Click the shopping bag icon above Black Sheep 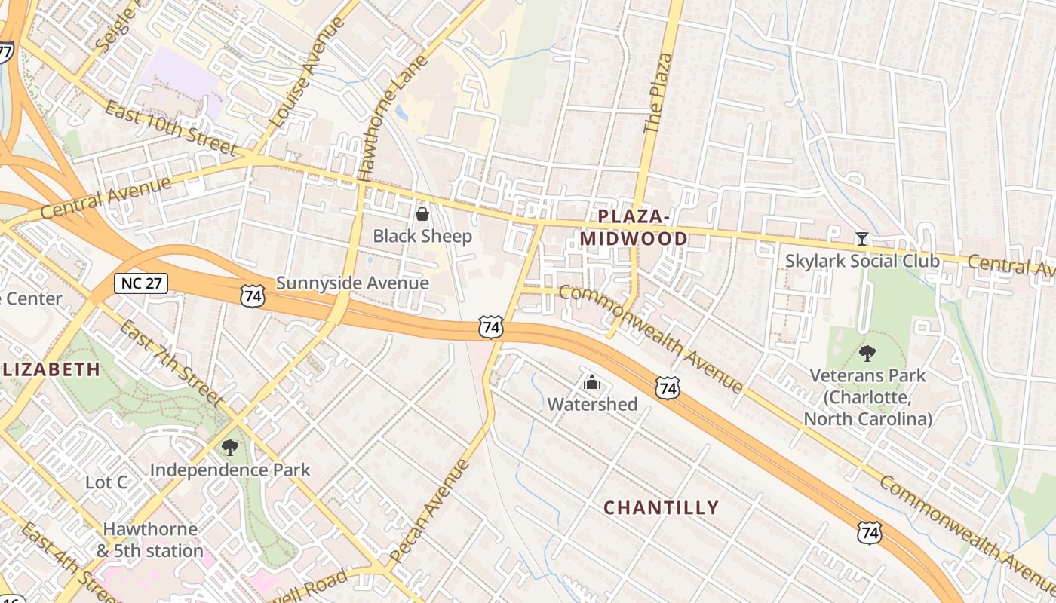click(x=422, y=215)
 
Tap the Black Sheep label click(x=422, y=237)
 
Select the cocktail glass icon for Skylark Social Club click(x=861, y=239)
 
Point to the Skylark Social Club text click(x=863, y=262)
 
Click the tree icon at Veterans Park click(x=867, y=353)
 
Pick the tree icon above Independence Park click(x=230, y=448)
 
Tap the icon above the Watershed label click(x=592, y=383)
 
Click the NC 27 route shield click(x=140, y=283)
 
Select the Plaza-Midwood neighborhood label click(x=633, y=228)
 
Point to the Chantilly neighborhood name click(x=661, y=508)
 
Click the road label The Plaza click(x=657, y=93)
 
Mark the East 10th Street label click(x=170, y=128)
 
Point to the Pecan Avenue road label click(x=431, y=512)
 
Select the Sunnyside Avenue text click(x=352, y=283)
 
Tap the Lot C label click(x=106, y=482)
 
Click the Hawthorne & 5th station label click(x=150, y=540)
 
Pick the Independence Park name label click(x=230, y=470)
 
